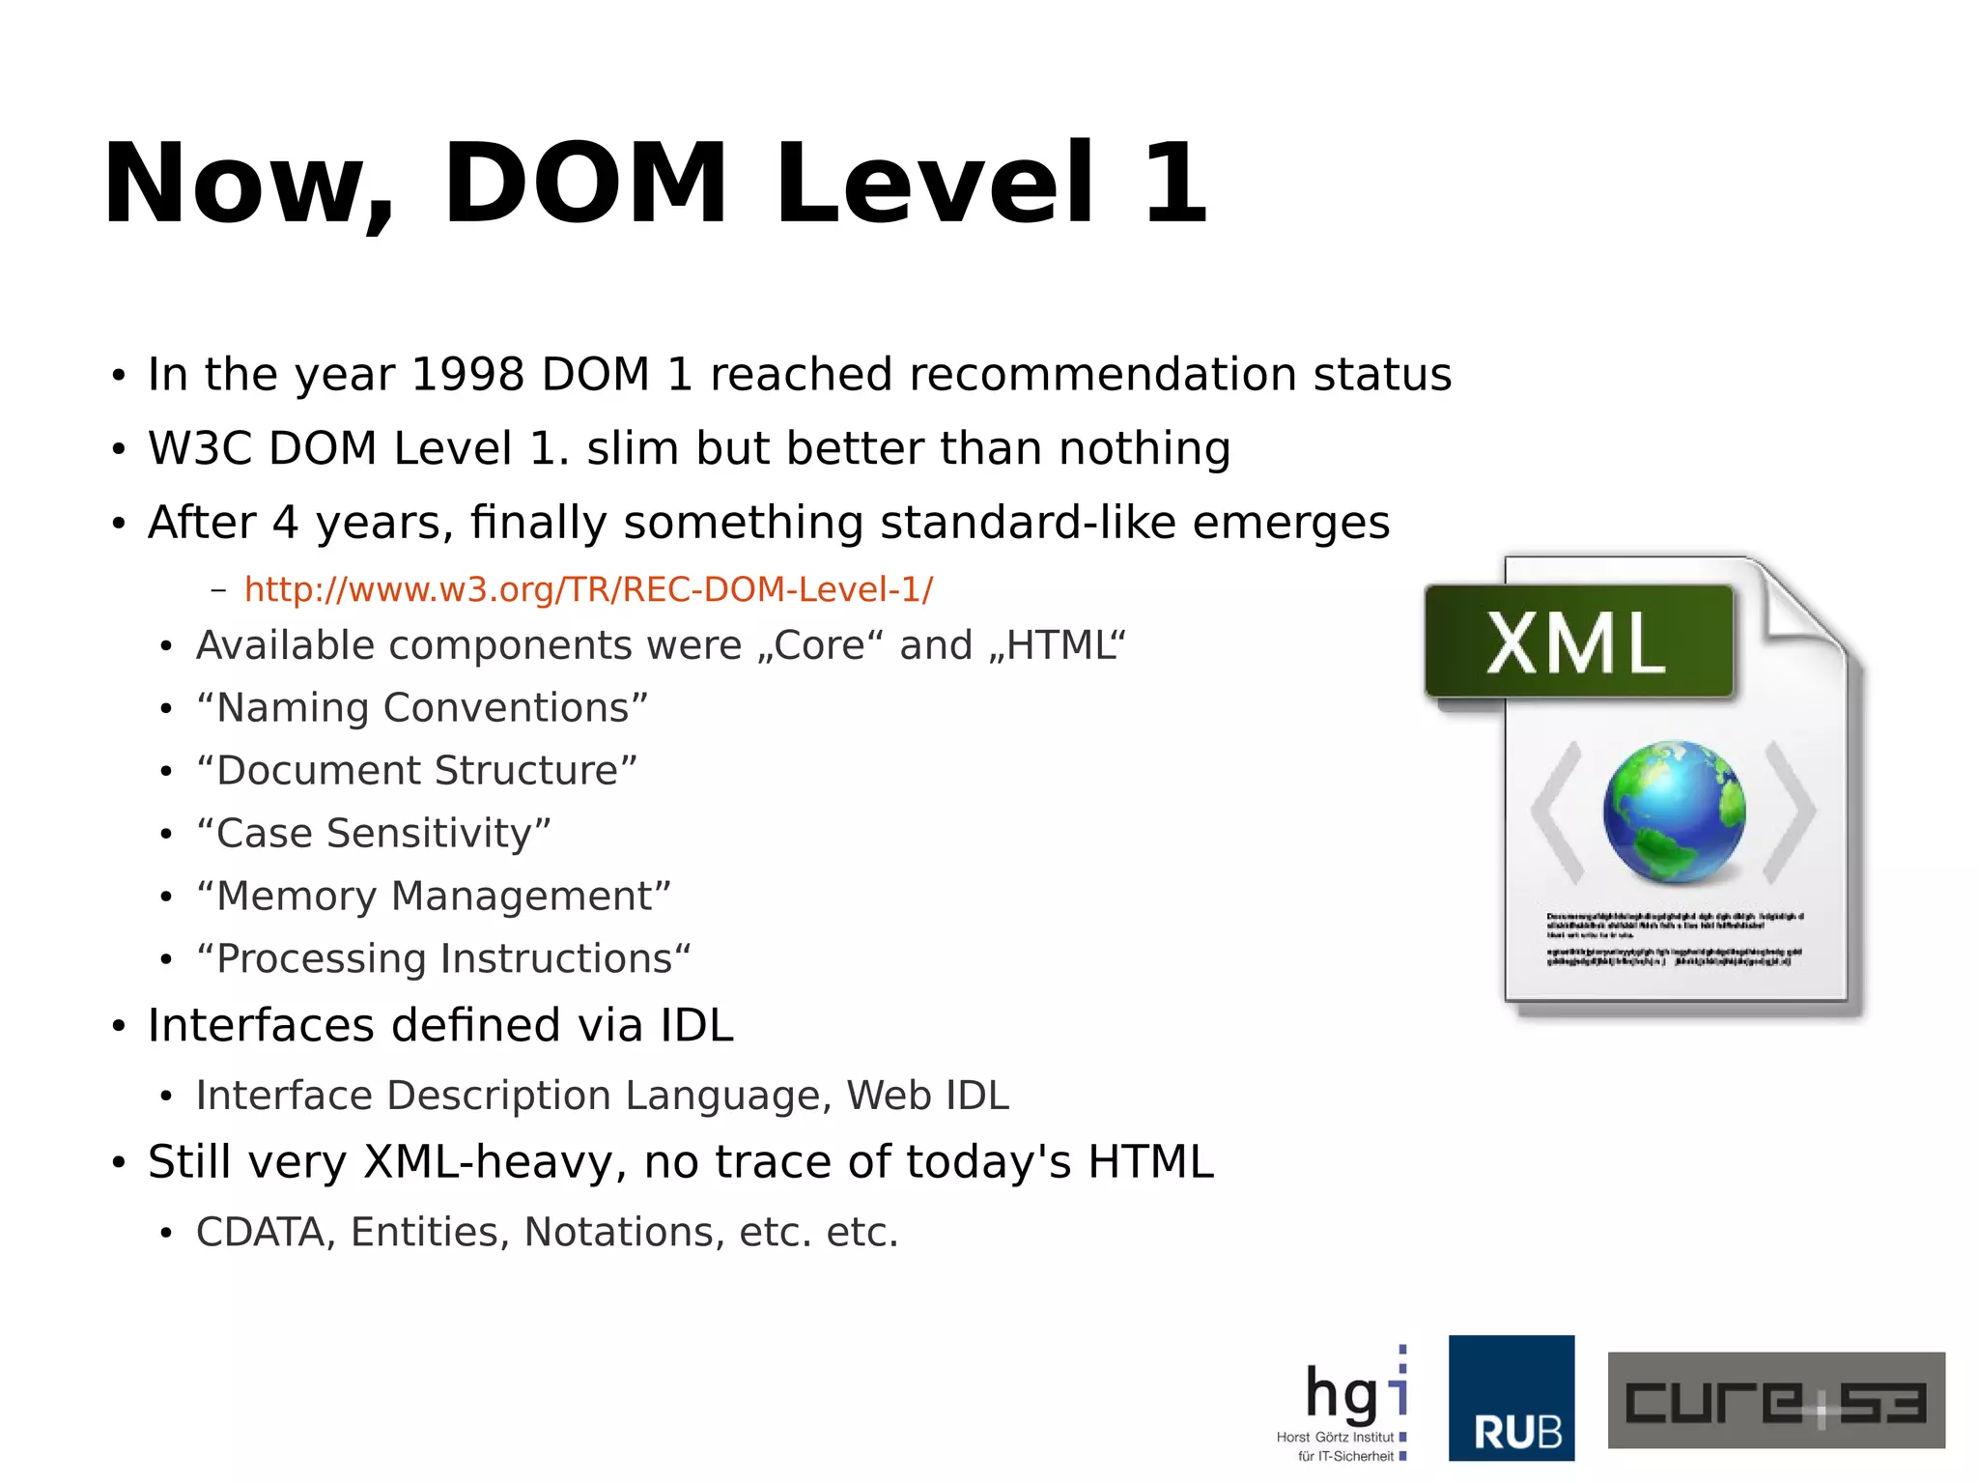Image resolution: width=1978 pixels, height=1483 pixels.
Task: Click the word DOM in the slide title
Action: [x=584, y=184]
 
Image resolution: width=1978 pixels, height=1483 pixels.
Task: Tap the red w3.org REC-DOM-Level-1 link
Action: [x=588, y=589]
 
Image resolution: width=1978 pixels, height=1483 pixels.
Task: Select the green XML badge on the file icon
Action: [x=1578, y=642]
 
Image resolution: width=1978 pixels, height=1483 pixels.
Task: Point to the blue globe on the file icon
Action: [x=1674, y=812]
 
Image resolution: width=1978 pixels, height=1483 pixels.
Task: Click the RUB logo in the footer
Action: [x=1512, y=1397]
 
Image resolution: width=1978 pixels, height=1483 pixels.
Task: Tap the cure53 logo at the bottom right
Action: [x=1775, y=1400]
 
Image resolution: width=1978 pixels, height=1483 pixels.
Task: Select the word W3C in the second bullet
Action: [x=200, y=448]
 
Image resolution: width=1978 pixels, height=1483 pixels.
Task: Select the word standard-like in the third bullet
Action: [x=1028, y=523]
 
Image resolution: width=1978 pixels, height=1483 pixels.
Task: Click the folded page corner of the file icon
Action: [x=1796, y=604]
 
